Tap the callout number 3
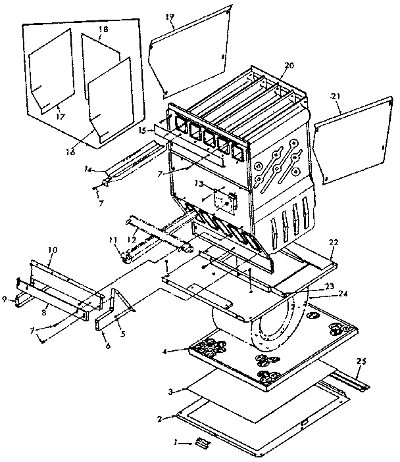pyautogui.click(x=170, y=392)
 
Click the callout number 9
pyautogui.click(x=4, y=299)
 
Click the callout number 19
pyautogui.click(x=170, y=16)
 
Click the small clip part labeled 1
pyautogui.click(x=205, y=445)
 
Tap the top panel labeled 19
pyautogui.click(x=191, y=53)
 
